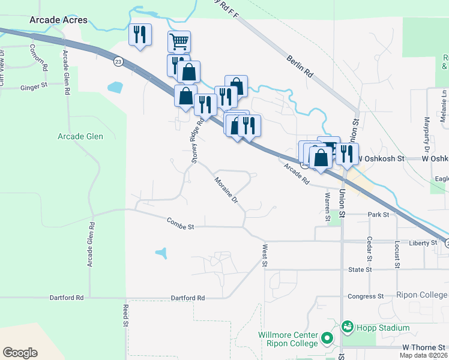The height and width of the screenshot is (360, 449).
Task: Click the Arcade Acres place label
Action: coord(58,20)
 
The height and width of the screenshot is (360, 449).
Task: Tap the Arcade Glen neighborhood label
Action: coord(80,136)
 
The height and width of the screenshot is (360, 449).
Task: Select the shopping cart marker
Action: coord(179,41)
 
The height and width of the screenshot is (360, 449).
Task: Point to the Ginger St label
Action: coord(34,86)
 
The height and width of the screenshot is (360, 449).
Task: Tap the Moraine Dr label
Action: coord(227,190)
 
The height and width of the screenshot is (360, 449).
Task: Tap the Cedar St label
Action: coord(368,249)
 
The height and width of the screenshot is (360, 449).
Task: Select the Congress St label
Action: coord(366,296)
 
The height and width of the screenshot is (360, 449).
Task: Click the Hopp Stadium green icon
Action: coord(347,328)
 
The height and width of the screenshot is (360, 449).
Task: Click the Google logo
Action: coord(20,353)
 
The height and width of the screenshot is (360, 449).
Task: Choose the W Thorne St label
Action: coord(424,347)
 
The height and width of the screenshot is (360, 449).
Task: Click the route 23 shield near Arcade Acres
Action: coord(118,61)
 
